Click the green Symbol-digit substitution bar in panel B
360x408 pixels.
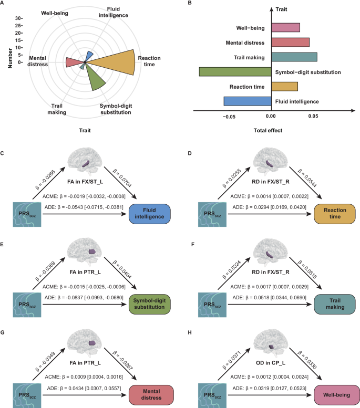[x=234, y=71]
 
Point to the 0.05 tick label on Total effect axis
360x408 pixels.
[x=313, y=117]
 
